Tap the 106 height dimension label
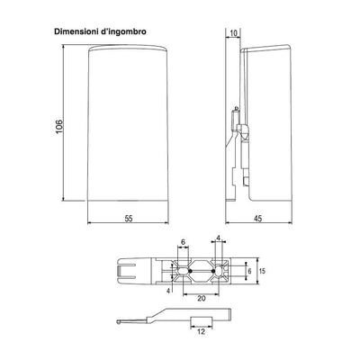(59, 126)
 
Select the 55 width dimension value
(129, 219)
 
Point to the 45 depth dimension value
(257, 219)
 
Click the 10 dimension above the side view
(233, 33)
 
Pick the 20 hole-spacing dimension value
(202, 299)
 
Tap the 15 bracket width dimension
(262, 271)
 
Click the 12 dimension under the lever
(202, 331)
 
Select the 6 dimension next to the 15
(249, 271)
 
